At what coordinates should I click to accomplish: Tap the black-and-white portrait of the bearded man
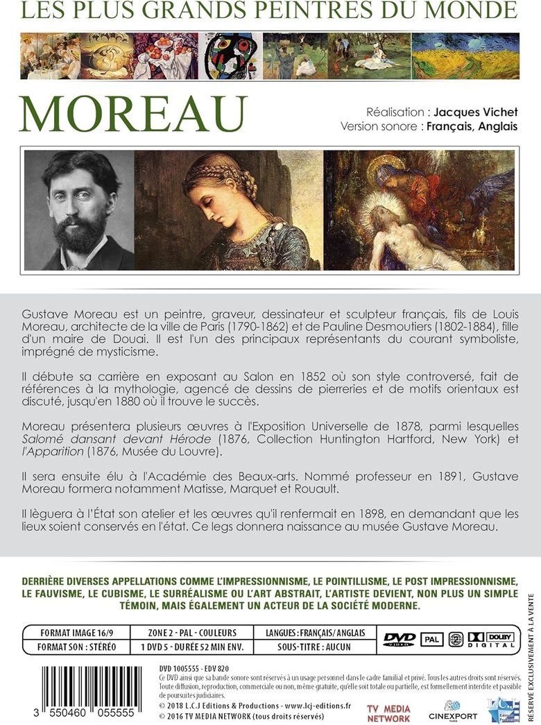[79, 210]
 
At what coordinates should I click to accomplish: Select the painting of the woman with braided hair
[229, 210]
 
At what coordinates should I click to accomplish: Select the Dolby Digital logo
[490, 639]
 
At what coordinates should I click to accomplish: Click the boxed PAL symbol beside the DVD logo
[431, 639]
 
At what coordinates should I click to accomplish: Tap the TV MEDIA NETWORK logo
[389, 713]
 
